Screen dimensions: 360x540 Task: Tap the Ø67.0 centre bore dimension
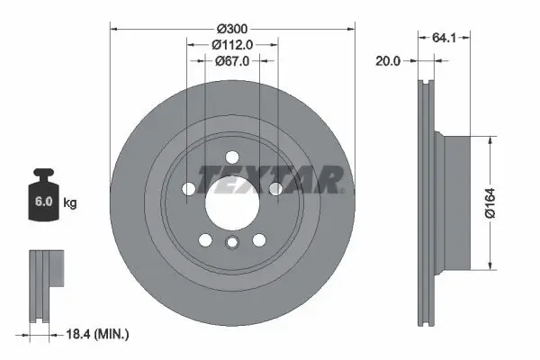click(232, 60)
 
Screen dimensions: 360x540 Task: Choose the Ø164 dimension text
click(490, 202)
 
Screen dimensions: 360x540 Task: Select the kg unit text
click(70, 202)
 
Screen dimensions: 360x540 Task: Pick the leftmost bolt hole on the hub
click(187, 189)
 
